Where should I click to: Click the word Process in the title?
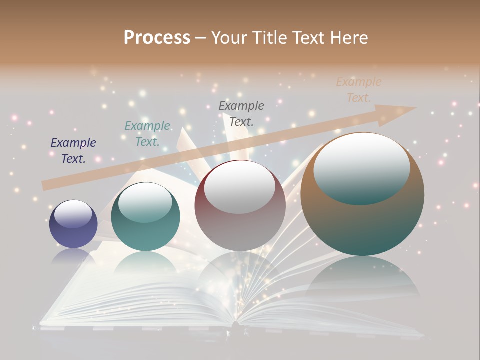coord(157,38)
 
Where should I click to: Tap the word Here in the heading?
coord(348,38)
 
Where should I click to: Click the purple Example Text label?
coord(73,150)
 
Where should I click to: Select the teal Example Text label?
coord(147,133)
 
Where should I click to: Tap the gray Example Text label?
coord(241,113)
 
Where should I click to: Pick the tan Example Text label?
coord(358,89)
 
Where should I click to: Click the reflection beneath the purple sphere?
coord(73,257)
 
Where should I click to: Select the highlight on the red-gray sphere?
coord(240,189)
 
